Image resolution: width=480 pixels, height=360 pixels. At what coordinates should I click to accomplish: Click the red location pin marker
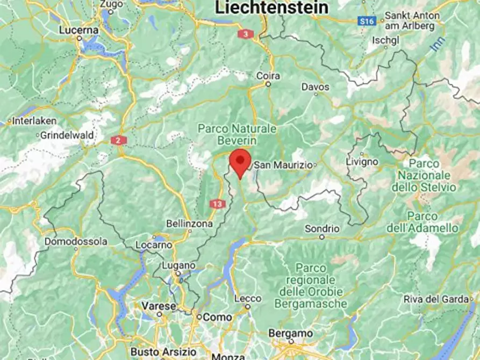pos(240,162)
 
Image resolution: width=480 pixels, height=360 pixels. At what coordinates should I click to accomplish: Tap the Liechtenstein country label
pos(271,8)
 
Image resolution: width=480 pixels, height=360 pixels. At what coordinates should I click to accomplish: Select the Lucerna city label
pos(79,30)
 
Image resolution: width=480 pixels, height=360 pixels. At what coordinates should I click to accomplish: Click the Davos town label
pos(315,87)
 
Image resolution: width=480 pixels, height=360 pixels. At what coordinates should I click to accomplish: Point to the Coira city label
pos(268,76)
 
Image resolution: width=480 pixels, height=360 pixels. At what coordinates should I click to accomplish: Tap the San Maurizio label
pos(283,165)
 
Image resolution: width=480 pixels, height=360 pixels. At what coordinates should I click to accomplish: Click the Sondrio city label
pos(322,228)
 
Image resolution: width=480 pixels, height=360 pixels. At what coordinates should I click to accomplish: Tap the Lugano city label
pos(178,265)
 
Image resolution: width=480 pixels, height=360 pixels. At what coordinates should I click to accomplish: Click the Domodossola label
pos(75,242)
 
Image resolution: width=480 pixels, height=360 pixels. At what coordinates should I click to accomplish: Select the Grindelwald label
pos(67,135)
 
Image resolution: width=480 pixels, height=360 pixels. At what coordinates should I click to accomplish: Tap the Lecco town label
pos(248,298)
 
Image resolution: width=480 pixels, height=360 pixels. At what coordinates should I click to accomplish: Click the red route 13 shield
pos(218,204)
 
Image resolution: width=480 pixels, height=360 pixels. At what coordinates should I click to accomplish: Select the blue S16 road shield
pos(366,21)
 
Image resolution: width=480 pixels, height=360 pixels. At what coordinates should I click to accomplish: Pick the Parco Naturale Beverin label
pos(237,134)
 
